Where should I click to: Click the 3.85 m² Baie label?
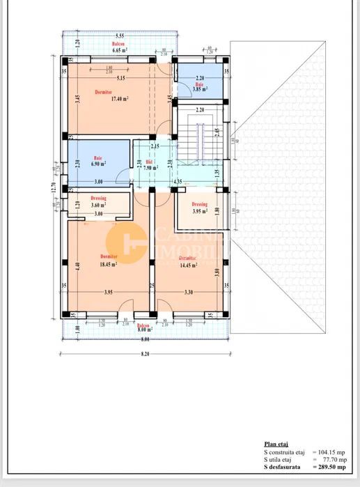click(200, 88)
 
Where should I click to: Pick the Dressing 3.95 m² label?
click(200, 210)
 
